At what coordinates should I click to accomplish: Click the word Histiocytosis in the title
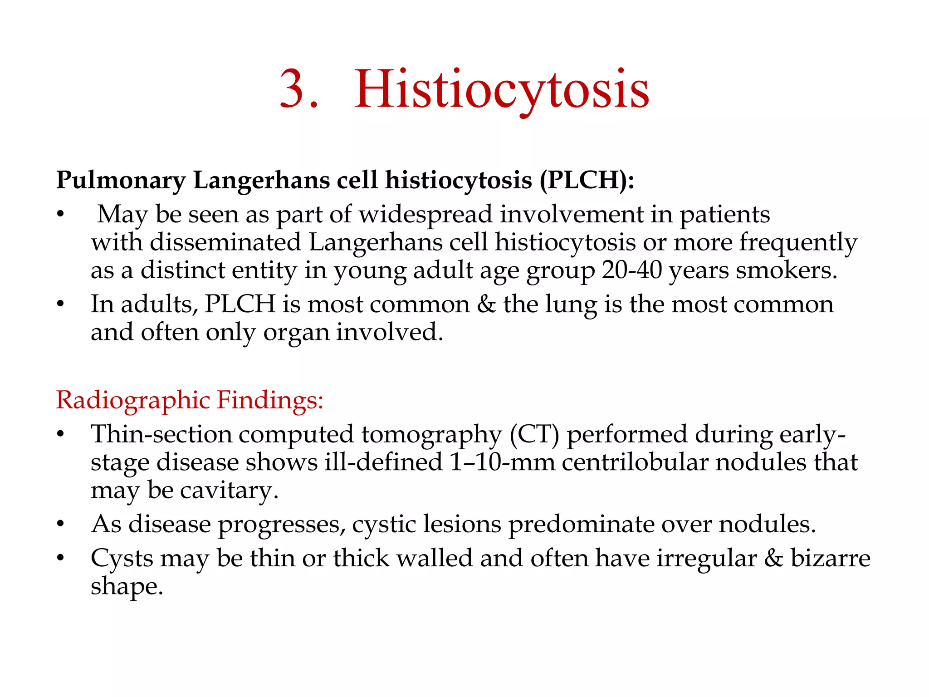tap(501, 89)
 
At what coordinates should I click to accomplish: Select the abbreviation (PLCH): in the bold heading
tap(587, 180)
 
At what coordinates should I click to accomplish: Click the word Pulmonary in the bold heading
tap(121, 180)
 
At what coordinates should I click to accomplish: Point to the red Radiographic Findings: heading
tap(190, 400)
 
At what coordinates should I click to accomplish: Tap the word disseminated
tap(225, 242)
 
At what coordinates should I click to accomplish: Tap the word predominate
tap(581, 524)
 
